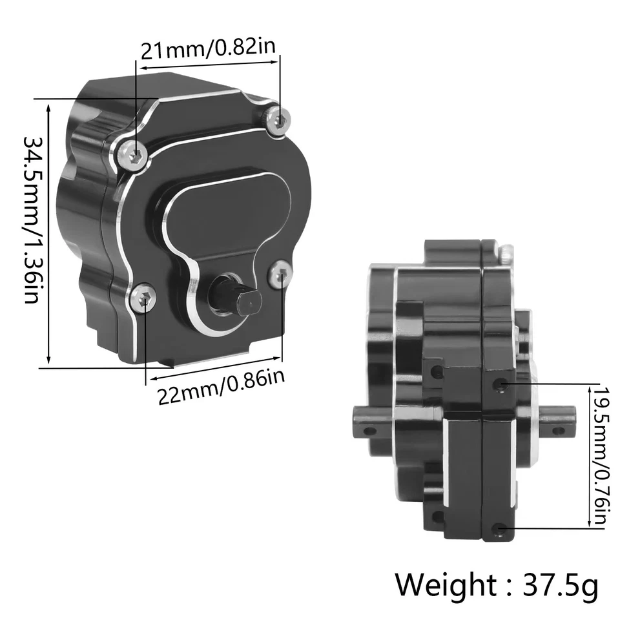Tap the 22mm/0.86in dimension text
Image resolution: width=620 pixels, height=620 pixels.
[222, 386]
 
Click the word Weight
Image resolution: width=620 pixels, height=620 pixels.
[446, 584]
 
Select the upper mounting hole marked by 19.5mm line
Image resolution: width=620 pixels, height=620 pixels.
[498, 385]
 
